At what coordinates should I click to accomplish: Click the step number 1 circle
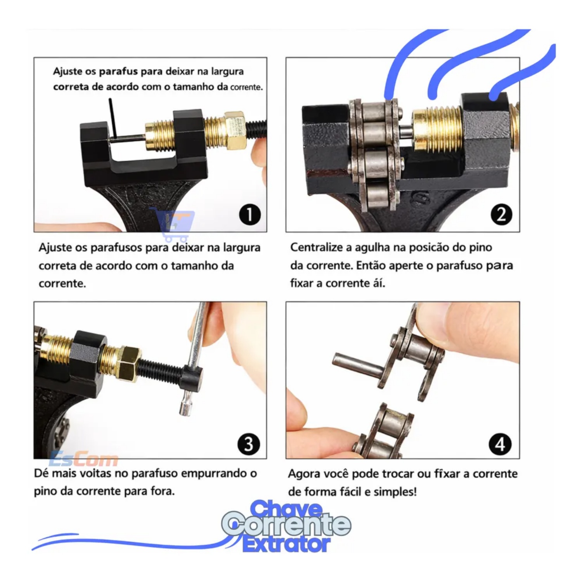pos(249,215)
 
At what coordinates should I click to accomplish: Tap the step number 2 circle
pos(501,215)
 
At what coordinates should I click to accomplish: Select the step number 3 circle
pos(249,444)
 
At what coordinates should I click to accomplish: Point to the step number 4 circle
pos(500,444)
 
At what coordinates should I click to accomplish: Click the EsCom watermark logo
pos(83,460)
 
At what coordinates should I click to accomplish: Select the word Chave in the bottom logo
pos(286,508)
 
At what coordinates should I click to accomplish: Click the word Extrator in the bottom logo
pos(286,544)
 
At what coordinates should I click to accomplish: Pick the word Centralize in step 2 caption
pos(317,247)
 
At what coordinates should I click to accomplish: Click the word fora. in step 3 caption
pos(163,491)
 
